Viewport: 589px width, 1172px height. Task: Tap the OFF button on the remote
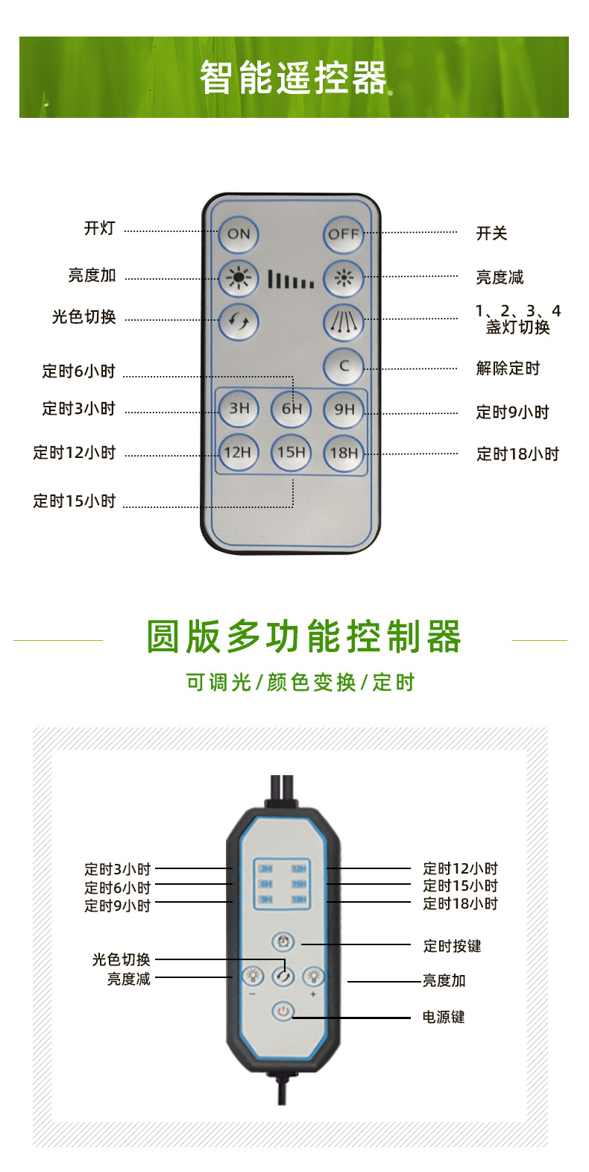click(344, 234)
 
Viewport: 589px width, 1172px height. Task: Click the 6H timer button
click(292, 409)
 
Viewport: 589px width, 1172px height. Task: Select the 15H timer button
click(292, 452)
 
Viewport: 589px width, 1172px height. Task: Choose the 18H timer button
click(344, 452)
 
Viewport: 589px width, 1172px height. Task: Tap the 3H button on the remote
click(239, 409)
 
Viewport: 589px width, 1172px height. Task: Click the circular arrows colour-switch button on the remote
click(239, 322)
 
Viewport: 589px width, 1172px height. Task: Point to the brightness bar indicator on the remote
click(291, 280)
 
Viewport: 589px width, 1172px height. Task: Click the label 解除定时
click(508, 368)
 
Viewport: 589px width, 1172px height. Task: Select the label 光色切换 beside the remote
click(84, 317)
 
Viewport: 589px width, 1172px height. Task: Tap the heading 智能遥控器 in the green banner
click(294, 78)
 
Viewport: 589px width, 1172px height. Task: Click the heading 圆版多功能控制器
click(304, 637)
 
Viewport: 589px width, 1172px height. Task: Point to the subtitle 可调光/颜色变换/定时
click(300, 682)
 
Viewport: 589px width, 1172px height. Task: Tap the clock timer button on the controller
click(283, 942)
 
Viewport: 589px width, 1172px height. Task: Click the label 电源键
click(444, 1017)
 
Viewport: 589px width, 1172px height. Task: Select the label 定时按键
click(452, 946)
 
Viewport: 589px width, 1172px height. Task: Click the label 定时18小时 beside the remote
click(517, 454)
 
